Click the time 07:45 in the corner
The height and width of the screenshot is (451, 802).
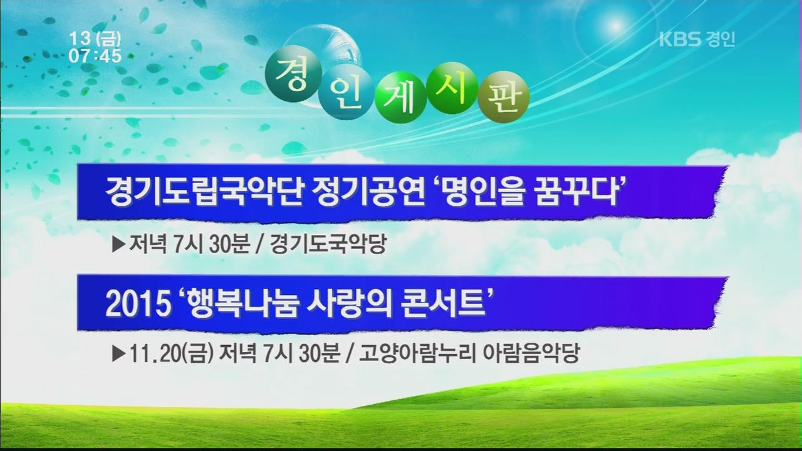pyautogui.click(x=95, y=56)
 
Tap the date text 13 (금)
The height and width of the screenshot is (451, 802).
pyautogui.click(x=95, y=39)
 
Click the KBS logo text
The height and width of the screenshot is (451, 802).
pyautogui.click(x=680, y=39)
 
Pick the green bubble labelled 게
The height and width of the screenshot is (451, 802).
pyautogui.click(x=400, y=96)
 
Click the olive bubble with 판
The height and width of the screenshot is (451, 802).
pyautogui.click(x=503, y=97)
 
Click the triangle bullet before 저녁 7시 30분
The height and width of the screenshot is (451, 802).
pyautogui.click(x=119, y=244)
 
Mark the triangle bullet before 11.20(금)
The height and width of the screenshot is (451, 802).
pyautogui.click(x=119, y=354)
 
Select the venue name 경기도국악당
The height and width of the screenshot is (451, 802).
pyautogui.click(x=328, y=244)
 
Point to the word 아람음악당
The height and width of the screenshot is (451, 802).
pyautogui.click(x=531, y=353)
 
